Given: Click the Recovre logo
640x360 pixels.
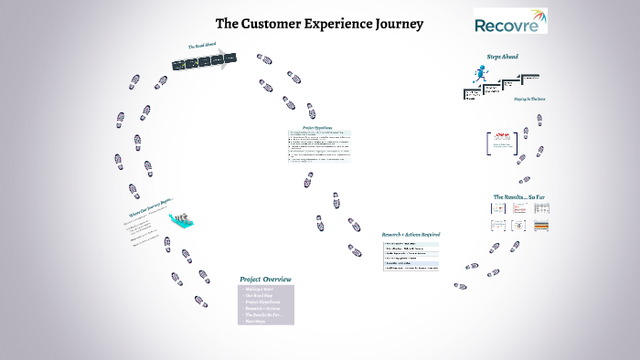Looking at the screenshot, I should click(x=510, y=21).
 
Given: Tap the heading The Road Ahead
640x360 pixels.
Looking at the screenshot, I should click(x=202, y=45).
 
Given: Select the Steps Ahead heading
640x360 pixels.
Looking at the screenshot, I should click(x=502, y=57).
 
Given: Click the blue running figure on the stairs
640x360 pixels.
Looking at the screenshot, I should click(x=476, y=76).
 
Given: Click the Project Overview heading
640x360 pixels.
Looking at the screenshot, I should click(x=265, y=279).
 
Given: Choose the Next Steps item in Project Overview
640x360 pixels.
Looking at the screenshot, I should click(x=255, y=322).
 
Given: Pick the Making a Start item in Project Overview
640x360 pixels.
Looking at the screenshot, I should click(x=259, y=289).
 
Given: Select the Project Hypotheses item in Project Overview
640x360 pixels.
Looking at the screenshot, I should click(x=262, y=302).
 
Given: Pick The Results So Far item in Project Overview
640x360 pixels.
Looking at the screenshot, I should click(x=264, y=315).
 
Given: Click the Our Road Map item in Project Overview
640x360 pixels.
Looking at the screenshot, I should click(x=259, y=295).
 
